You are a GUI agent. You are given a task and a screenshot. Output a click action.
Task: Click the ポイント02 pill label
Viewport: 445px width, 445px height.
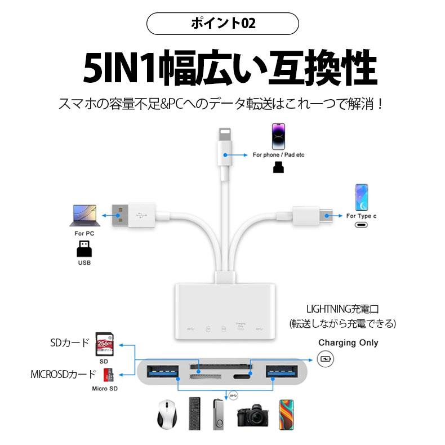(x=222, y=24)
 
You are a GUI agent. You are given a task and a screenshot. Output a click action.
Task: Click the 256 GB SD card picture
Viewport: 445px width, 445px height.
(x=104, y=344)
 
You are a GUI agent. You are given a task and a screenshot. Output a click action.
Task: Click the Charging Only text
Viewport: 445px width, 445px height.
(x=348, y=342)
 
